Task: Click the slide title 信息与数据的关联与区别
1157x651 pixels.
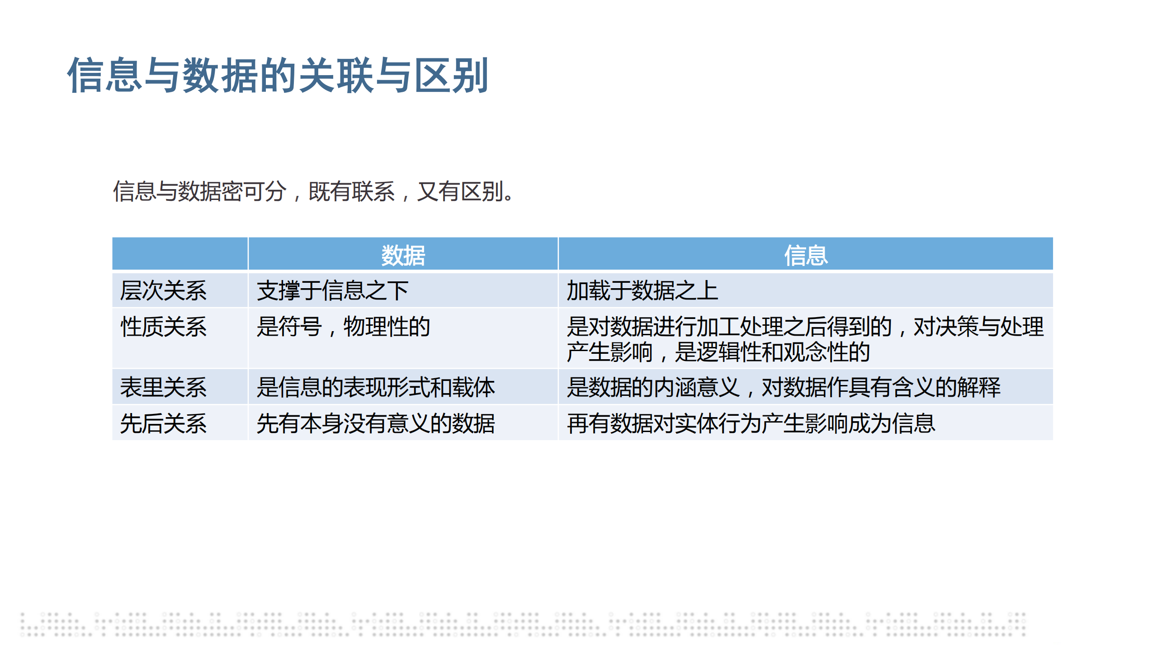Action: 278,75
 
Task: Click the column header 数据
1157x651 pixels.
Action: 403,255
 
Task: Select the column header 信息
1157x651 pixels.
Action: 806,255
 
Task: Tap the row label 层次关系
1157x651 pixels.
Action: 163,290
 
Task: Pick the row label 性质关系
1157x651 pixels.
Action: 163,327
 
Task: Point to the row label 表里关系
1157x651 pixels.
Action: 163,387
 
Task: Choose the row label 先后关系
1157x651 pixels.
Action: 163,423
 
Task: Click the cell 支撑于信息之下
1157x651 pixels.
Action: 332,290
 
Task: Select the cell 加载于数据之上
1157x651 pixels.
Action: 642,290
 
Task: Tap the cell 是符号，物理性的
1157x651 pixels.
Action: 343,327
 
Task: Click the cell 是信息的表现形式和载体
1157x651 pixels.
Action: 376,387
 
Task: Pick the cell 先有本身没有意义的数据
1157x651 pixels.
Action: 376,423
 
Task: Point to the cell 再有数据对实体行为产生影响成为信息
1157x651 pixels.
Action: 751,423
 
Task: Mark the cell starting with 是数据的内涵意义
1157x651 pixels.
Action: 784,387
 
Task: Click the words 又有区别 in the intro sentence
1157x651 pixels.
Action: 459,191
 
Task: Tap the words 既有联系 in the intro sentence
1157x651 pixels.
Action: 351,191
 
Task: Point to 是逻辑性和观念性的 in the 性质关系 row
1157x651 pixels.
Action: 772,352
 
